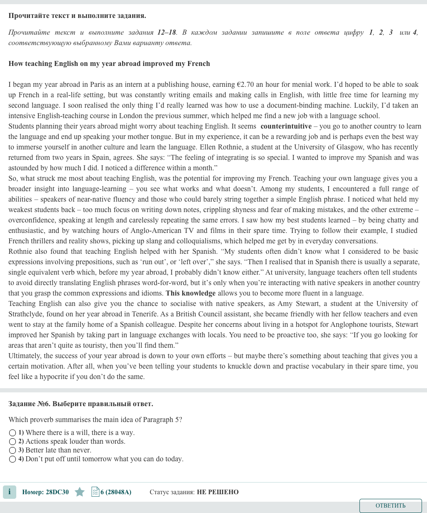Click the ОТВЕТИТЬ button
pyautogui.click(x=390, y=505)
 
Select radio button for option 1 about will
pyautogui.click(x=13, y=433)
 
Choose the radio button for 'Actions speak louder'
pyautogui.click(x=13, y=442)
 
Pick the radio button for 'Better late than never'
pyautogui.click(x=13, y=450)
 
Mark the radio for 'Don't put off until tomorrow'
pyautogui.click(x=13, y=459)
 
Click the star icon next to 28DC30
pyautogui.click(x=80, y=492)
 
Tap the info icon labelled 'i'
pyautogui.click(x=9, y=492)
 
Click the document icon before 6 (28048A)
pyautogui.click(x=95, y=492)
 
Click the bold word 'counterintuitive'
pyautogui.click(x=286, y=126)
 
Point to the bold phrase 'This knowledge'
pyautogui.click(x=191, y=293)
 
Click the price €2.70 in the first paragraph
pyautogui.click(x=245, y=84)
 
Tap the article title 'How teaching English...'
pyautogui.click(x=109, y=63)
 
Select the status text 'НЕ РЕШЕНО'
pyautogui.click(x=218, y=492)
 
